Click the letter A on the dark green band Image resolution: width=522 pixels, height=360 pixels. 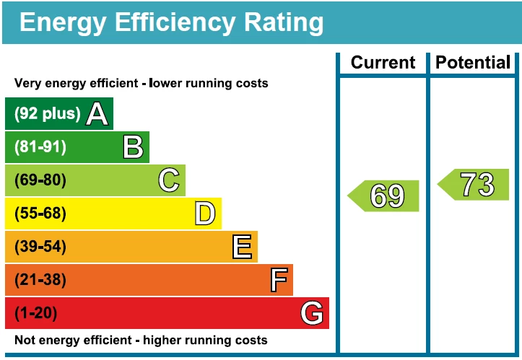[97, 113]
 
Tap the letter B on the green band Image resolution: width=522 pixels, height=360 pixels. [133, 147]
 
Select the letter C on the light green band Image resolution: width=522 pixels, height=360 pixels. [169, 180]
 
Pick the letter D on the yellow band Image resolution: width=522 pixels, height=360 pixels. [205, 214]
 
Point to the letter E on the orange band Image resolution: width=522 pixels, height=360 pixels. [242, 247]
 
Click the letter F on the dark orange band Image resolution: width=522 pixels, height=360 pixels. [279, 280]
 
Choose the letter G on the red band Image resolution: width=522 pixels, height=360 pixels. [312, 313]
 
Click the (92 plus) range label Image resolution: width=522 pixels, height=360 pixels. [48, 114]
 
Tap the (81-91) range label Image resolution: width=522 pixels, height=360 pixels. [40, 147]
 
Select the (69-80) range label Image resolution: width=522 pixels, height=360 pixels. [40, 180]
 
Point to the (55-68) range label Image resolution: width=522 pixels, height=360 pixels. [40, 214]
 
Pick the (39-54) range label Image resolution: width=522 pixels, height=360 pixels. [40, 247]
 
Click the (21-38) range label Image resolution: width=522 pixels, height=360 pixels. [40, 280]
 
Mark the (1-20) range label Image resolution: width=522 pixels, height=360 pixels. [36, 313]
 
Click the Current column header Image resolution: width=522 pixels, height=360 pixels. [383, 63]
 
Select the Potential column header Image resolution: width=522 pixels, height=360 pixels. [473, 63]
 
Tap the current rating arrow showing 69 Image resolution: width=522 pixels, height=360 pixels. [385, 196]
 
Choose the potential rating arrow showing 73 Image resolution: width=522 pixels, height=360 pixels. [474, 185]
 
